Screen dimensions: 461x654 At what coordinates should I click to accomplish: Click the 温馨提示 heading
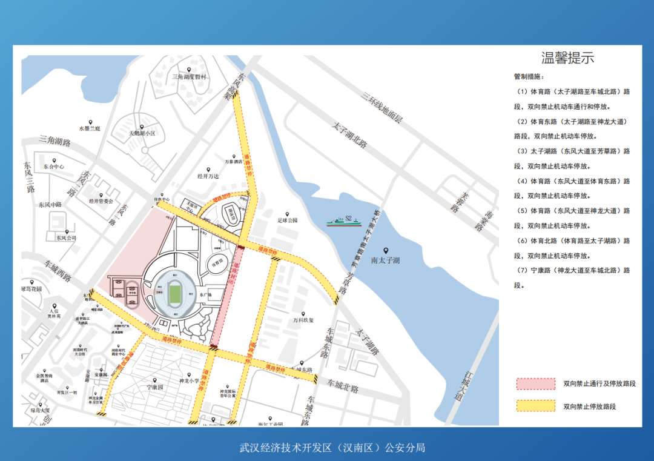tap(567, 58)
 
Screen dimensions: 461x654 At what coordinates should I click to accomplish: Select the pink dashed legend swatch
tap(535, 384)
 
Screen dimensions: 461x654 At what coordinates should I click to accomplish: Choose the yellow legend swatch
tap(535, 406)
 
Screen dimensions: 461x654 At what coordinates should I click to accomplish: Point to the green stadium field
tap(174, 294)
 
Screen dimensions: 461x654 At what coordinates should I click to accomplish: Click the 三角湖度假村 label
tap(189, 77)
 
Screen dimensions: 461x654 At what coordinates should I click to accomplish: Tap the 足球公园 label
tap(288, 221)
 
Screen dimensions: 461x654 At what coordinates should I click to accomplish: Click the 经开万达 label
tap(208, 177)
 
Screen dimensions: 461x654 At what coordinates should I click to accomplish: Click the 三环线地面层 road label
tap(381, 107)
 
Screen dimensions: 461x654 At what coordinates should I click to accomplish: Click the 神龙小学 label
tap(188, 382)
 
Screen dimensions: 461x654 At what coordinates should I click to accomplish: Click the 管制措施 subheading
tap(528, 77)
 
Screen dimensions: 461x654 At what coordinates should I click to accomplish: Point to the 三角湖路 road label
tap(54, 142)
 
